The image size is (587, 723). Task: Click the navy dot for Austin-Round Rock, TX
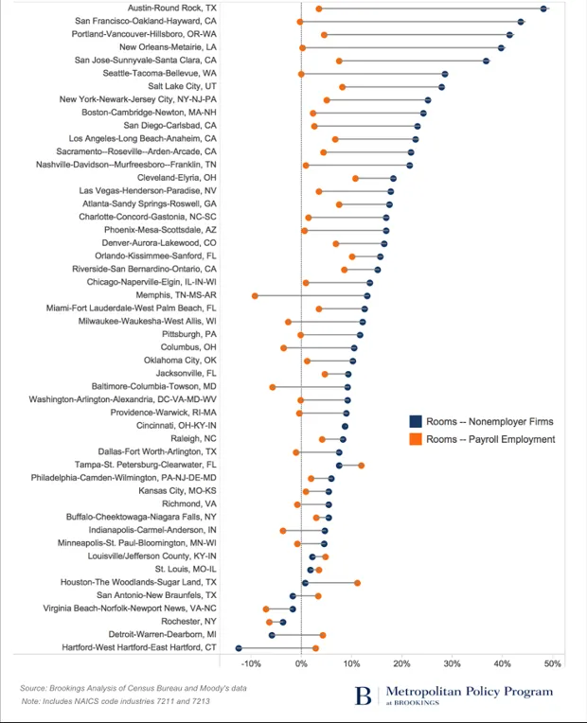pos(543,8)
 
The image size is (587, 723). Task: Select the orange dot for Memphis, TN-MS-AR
pos(255,295)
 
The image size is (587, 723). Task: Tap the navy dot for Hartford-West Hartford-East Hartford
pos(239,648)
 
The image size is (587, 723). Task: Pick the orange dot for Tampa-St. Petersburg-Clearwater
pos(361,466)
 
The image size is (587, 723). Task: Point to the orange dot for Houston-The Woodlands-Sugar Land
pos(357,583)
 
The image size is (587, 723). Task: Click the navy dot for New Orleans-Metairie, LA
pos(501,46)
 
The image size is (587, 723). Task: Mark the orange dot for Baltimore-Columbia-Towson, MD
pos(273,387)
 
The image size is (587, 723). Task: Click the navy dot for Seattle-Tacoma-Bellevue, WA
pos(444,73)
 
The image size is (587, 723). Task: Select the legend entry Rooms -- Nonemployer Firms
pos(481,422)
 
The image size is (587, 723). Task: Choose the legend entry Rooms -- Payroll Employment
pos(483,439)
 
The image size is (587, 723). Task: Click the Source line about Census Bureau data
pos(133,688)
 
